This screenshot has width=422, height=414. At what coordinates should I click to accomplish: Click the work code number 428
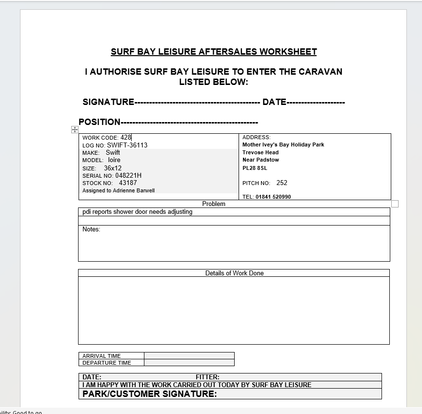click(x=126, y=138)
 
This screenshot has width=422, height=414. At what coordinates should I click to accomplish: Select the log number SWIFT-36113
click(x=127, y=145)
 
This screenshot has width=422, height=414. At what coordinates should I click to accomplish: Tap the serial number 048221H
click(x=128, y=175)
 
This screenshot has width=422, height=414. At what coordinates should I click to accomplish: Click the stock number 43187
click(x=128, y=183)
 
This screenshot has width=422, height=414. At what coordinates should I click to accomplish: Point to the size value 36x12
click(x=113, y=168)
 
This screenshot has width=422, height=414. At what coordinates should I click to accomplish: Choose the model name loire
click(x=114, y=160)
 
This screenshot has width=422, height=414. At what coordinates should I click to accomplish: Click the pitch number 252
click(x=281, y=183)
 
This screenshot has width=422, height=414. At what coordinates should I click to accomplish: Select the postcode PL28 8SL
click(x=255, y=168)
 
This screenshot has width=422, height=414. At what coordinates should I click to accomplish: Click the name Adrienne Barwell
click(x=134, y=190)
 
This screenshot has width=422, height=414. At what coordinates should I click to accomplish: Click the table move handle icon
click(x=75, y=129)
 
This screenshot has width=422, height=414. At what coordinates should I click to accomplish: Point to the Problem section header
click(x=214, y=204)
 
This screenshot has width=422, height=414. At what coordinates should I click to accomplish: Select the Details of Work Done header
click(x=234, y=273)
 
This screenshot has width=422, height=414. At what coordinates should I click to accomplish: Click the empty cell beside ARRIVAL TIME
click(x=189, y=356)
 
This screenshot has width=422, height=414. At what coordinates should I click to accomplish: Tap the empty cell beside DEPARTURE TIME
click(x=189, y=363)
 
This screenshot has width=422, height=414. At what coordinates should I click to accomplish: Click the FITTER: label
click(x=207, y=377)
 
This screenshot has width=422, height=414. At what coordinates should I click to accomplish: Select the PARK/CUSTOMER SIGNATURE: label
click(x=149, y=394)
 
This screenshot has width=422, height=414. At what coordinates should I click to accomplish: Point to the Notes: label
click(x=91, y=229)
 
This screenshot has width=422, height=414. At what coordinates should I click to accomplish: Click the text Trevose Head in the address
click(x=261, y=152)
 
